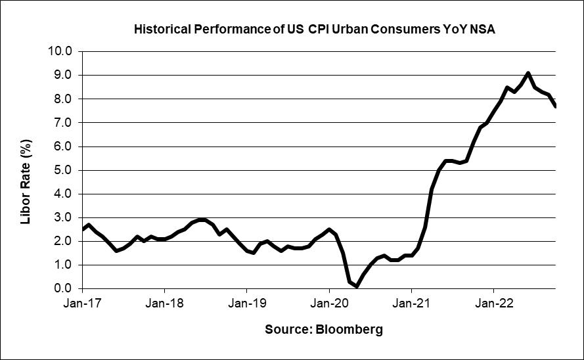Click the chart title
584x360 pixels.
[x=319, y=30]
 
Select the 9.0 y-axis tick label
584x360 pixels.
[x=64, y=75]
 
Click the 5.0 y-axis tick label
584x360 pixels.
[x=64, y=170]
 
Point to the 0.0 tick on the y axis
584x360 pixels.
[x=64, y=288]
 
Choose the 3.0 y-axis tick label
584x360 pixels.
[x=64, y=217]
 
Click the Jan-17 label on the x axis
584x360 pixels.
[x=82, y=304]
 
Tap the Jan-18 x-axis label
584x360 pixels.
[x=164, y=304]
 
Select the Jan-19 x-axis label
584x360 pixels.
[x=246, y=304]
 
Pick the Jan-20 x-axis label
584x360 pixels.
[x=329, y=304]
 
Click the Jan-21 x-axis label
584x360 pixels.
[x=411, y=304]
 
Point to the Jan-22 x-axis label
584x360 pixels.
[x=493, y=304]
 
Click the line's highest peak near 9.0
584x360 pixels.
[x=528, y=73]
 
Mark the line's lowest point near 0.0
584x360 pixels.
[x=357, y=286]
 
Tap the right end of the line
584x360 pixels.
[x=556, y=106]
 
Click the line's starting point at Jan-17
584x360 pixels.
[x=83, y=229]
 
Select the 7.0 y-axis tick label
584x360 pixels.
[x=64, y=122]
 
